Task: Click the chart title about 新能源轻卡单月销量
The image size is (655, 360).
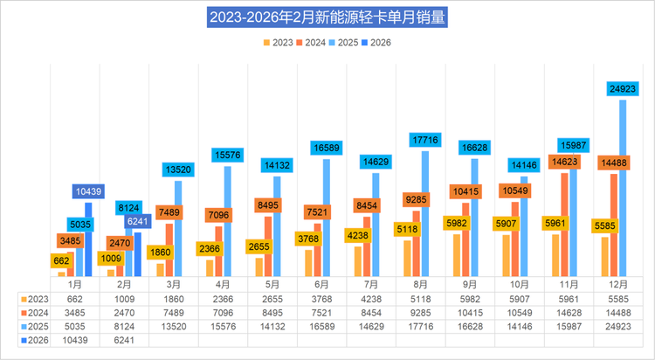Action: coord(327,17)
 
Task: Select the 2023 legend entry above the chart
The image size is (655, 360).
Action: coord(277,41)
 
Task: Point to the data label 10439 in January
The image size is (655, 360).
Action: coord(89,191)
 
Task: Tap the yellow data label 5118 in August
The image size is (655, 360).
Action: coord(406,230)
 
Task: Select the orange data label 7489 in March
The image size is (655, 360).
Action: coord(172,212)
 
